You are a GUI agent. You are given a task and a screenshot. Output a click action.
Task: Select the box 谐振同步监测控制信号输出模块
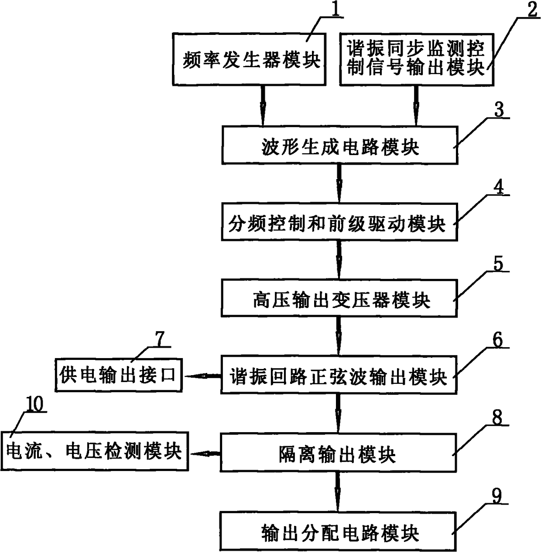pos(416,59)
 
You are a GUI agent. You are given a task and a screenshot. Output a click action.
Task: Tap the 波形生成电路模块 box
pos(339,146)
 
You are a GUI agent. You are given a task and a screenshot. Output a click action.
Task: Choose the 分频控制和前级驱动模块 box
pos(339,222)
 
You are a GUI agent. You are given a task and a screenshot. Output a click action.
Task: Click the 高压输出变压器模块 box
pos(339,298)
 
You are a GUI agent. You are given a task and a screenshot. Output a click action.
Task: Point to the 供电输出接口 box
pos(119,375)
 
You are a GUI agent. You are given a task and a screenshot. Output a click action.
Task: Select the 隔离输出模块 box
pos(338,452)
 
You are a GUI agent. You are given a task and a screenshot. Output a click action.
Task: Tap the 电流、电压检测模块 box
pos(94,451)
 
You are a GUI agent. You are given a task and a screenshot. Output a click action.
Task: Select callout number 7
pos(161,339)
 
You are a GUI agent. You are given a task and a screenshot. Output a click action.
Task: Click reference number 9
pos(497,496)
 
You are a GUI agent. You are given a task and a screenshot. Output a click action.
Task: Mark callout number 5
pos(498,264)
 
